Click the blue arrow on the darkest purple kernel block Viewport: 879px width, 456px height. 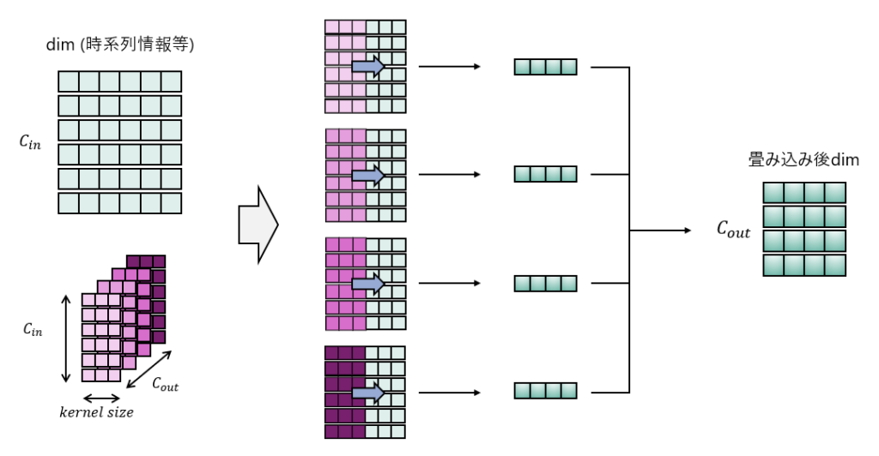[367, 393]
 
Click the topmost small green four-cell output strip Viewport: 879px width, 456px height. [545, 67]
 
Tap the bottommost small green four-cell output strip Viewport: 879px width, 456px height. [545, 392]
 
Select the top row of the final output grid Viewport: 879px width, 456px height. [804, 193]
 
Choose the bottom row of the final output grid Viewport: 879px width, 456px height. [804, 265]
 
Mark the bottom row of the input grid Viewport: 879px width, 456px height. [119, 203]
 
